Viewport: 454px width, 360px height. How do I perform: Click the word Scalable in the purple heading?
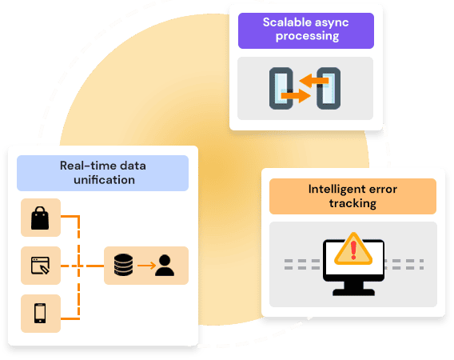coord(284,22)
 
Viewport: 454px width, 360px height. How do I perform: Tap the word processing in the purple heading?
coord(307,36)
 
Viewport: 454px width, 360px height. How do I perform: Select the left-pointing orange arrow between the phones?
coord(314,80)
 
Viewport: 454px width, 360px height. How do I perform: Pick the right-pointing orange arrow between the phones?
coord(296,95)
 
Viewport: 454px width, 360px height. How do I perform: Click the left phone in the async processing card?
coord(281,89)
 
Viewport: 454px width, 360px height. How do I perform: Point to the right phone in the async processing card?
coord(329,89)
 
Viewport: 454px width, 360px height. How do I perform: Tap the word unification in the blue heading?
coord(104,180)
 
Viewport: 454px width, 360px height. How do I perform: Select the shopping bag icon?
coord(40,218)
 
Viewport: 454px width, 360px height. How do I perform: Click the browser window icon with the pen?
coord(40,266)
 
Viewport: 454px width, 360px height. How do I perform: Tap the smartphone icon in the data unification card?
coord(40,313)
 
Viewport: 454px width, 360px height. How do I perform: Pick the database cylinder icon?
coord(124,265)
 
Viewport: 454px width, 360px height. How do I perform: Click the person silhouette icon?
coord(165,266)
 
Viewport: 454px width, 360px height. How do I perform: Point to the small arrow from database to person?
coord(146,266)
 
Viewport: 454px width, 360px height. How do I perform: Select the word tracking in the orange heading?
coord(352,203)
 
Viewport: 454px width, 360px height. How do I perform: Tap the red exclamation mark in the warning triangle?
coord(353,250)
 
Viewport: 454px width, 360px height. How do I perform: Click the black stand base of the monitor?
coord(353,292)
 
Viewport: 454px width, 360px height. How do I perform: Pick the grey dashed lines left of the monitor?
coord(302,264)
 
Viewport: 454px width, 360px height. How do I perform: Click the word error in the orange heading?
coord(384,190)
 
